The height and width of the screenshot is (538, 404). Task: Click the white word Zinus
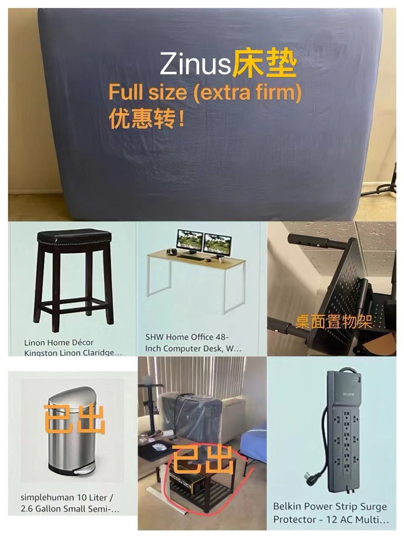click(x=195, y=64)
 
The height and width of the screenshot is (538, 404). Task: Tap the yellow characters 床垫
click(x=265, y=64)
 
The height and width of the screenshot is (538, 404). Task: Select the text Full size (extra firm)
click(x=205, y=92)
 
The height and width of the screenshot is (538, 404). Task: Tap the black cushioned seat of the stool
click(x=74, y=237)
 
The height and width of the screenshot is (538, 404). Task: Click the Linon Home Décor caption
click(x=73, y=347)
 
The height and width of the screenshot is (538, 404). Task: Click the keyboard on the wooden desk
click(x=191, y=257)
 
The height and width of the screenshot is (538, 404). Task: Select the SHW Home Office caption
click(x=193, y=343)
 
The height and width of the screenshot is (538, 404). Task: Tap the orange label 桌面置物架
click(x=334, y=322)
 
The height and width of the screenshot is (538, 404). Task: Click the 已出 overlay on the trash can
click(x=74, y=419)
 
